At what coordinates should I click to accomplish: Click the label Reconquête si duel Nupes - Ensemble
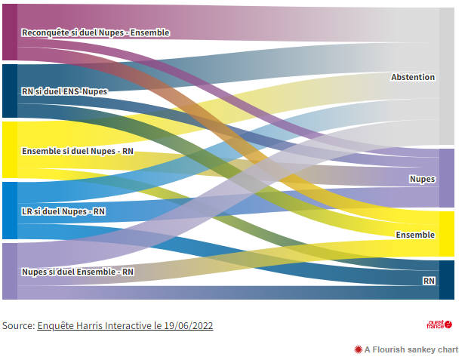(x=95, y=32)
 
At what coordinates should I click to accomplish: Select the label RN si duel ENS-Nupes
(x=64, y=92)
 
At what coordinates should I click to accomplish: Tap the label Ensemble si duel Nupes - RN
(x=78, y=151)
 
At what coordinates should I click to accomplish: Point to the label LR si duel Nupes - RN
(x=63, y=211)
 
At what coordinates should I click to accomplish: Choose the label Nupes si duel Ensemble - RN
(x=78, y=272)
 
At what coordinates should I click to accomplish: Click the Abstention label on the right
(x=412, y=77)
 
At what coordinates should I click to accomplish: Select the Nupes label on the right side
(x=422, y=179)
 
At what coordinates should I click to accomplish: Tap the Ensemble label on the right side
(x=415, y=235)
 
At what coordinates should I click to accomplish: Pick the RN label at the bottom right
(x=429, y=280)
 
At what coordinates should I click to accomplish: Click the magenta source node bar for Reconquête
(x=9, y=32)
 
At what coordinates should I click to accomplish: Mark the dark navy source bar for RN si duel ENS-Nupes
(x=9, y=91)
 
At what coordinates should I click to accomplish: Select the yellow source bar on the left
(x=9, y=150)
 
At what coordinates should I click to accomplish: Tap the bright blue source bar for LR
(x=9, y=211)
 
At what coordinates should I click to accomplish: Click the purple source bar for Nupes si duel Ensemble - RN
(x=9, y=271)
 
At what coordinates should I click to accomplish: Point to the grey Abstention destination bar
(x=447, y=76)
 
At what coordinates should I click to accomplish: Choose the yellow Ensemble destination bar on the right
(x=447, y=234)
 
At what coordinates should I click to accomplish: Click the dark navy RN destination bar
(x=447, y=280)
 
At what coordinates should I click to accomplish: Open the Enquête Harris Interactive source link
(x=125, y=326)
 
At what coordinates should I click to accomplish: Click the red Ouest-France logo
(x=439, y=325)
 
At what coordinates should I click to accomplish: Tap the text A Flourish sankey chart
(x=411, y=349)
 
